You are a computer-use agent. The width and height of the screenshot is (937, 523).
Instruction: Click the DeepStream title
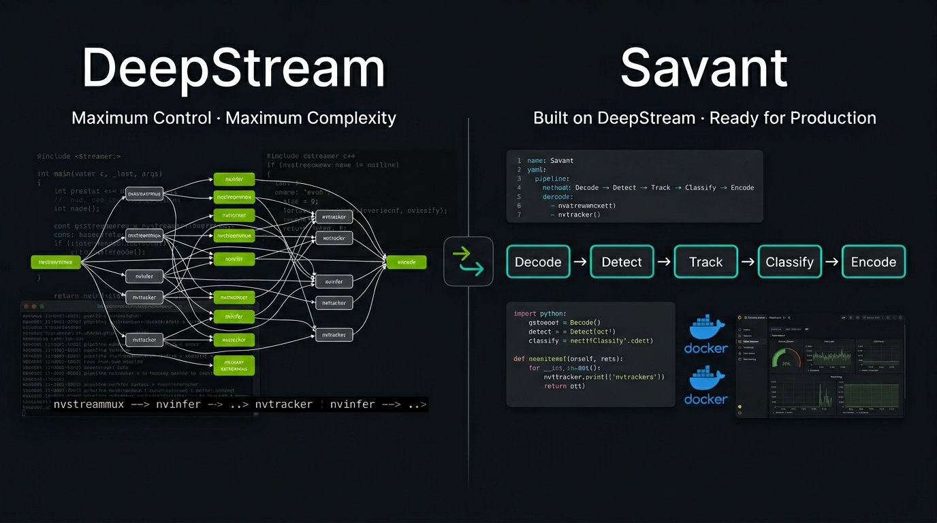[x=233, y=67]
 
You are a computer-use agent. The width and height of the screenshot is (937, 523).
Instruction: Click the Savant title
[x=703, y=67]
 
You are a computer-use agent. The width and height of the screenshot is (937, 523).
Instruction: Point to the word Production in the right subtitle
[x=833, y=118]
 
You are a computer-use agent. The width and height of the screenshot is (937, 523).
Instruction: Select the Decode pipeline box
[x=538, y=262]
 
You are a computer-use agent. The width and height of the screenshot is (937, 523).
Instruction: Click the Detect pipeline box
[x=622, y=262]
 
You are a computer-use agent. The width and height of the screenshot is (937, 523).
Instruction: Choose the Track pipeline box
[x=705, y=262]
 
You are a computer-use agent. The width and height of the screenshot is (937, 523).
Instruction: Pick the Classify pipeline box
[x=789, y=262]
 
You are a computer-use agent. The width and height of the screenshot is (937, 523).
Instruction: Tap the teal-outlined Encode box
[x=874, y=262]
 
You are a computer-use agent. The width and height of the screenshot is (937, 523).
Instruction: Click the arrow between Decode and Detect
[x=580, y=262]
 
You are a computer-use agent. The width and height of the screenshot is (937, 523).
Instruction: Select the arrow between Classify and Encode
[x=831, y=262]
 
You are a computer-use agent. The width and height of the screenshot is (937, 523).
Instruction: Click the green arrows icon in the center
[x=469, y=261]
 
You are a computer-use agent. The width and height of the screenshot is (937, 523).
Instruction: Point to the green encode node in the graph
[x=406, y=262]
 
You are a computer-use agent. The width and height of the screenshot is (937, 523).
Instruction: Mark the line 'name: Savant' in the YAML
[x=550, y=161]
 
